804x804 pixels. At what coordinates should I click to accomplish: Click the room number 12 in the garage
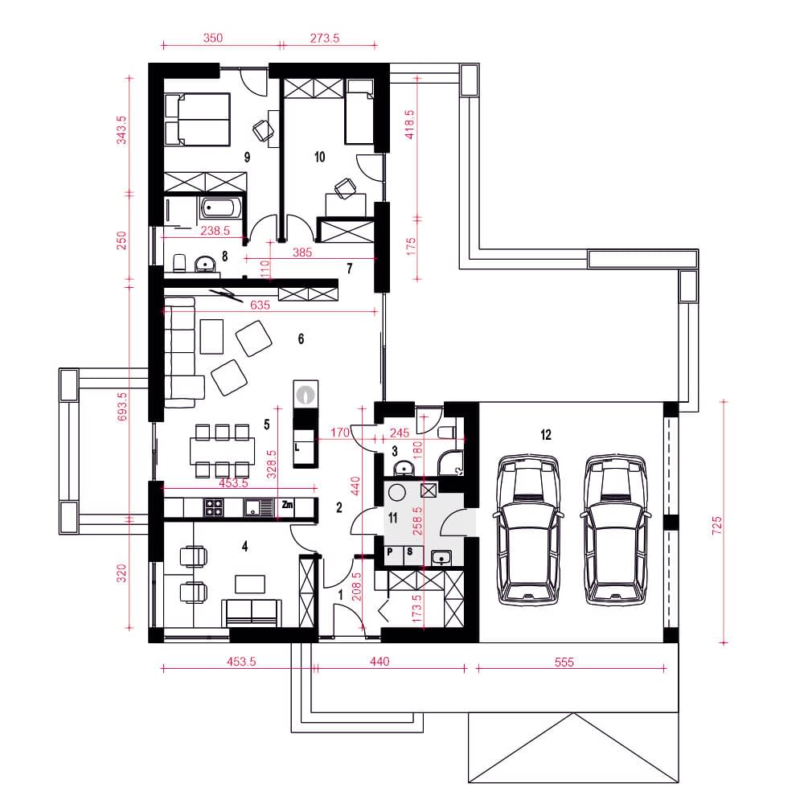(x=546, y=435)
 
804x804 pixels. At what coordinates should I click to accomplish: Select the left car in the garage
(x=528, y=529)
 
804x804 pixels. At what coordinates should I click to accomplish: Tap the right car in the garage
(x=615, y=529)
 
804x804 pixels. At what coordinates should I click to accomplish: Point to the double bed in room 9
(x=197, y=120)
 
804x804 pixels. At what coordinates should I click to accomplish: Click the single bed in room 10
(x=359, y=112)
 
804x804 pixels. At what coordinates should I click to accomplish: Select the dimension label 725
(x=717, y=526)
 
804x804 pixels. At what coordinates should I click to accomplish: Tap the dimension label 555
(x=564, y=662)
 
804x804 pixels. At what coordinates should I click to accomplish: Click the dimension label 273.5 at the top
(x=325, y=38)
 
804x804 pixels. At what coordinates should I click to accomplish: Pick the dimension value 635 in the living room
(x=260, y=305)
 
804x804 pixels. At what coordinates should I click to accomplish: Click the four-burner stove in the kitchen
(x=213, y=507)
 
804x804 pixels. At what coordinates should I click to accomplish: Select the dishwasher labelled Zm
(x=287, y=506)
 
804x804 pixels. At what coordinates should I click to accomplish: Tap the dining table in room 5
(x=222, y=451)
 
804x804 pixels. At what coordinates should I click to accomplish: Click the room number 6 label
(x=301, y=339)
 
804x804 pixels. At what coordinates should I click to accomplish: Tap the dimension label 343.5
(x=121, y=130)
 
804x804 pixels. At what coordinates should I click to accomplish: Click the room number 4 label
(x=245, y=547)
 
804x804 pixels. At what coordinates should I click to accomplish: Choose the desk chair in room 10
(x=344, y=188)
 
